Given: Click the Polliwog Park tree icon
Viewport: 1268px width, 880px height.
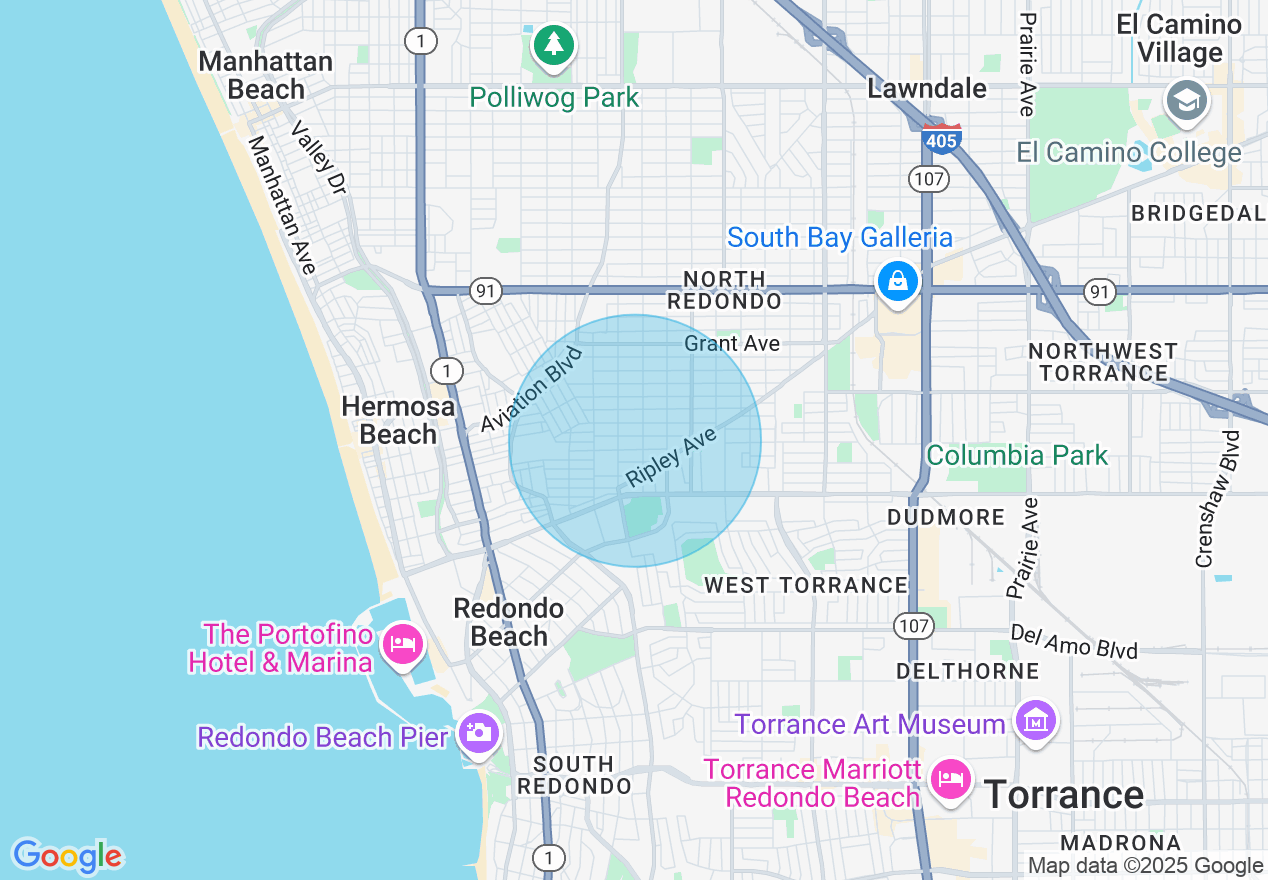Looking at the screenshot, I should pyautogui.click(x=554, y=44).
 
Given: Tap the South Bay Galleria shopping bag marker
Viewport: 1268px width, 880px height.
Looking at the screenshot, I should pyautogui.click(x=898, y=281).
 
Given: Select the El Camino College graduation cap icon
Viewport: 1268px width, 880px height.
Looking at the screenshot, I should pyautogui.click(x=1187, y=101).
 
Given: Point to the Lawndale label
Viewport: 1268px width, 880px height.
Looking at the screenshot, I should pyautogui.click(x=927, y=88).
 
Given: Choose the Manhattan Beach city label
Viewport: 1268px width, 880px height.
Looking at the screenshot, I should pyautogui.click(x=265, y=75).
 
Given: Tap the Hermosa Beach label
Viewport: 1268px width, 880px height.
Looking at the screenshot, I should pyautogui.click(x=398, y=420).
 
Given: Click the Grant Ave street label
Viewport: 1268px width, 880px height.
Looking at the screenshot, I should pyautogui.click(x=732, y=344).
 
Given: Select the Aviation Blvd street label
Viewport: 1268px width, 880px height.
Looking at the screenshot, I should pyautogui.click(x=531, y=388).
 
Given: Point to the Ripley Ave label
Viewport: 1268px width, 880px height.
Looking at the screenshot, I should pyautogui.click(x=671, y=457).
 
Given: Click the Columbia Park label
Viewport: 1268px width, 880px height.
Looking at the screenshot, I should pyautogui.click(x=1017, y=456).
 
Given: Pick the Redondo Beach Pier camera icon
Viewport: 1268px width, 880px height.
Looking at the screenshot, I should pyautogui.click(x=478, y=732).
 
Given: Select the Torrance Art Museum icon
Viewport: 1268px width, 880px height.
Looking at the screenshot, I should pyautogui.click(x=1035, y=720).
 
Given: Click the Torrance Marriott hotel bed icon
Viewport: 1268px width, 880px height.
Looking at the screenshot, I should pyautogui.click(x=948, y=778).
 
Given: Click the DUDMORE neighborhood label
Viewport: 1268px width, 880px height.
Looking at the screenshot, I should pyautogui.click(x=946, y=517).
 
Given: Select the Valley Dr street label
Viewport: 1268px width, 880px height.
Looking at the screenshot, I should pyautogui.click(x=318, y=157).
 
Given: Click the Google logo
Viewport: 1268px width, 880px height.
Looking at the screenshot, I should pyautogui.click(x=67, y=856).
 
